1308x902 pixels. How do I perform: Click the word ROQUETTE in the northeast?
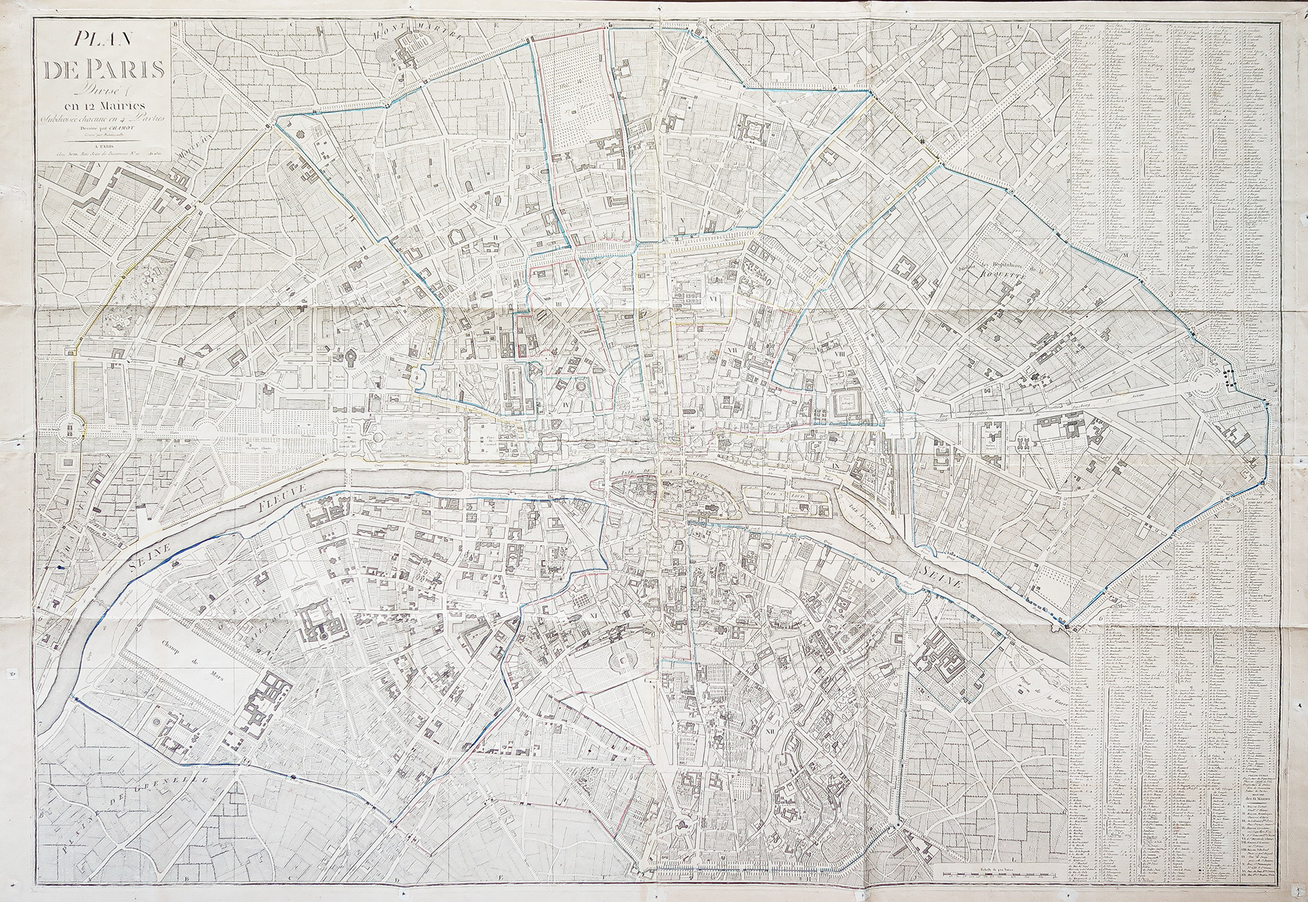[1007, 271]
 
